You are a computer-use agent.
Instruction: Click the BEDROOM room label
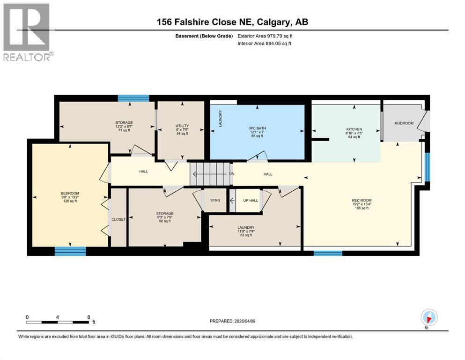click(70, 193)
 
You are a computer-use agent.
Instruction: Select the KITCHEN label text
click(354, 129)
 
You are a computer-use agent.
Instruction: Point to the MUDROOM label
click(404, 123)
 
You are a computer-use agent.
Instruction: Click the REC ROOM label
click(362, 201)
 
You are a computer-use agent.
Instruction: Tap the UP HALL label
click(250, 201)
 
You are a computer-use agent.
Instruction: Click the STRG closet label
click(215, 201)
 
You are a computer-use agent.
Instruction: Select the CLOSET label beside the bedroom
click(118, 219)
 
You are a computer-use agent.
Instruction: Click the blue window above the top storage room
click(133, 98)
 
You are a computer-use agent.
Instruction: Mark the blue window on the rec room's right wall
click(427, 166)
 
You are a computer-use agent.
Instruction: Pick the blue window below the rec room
click(327, 253)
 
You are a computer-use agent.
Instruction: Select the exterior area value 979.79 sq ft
click(280, 36)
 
